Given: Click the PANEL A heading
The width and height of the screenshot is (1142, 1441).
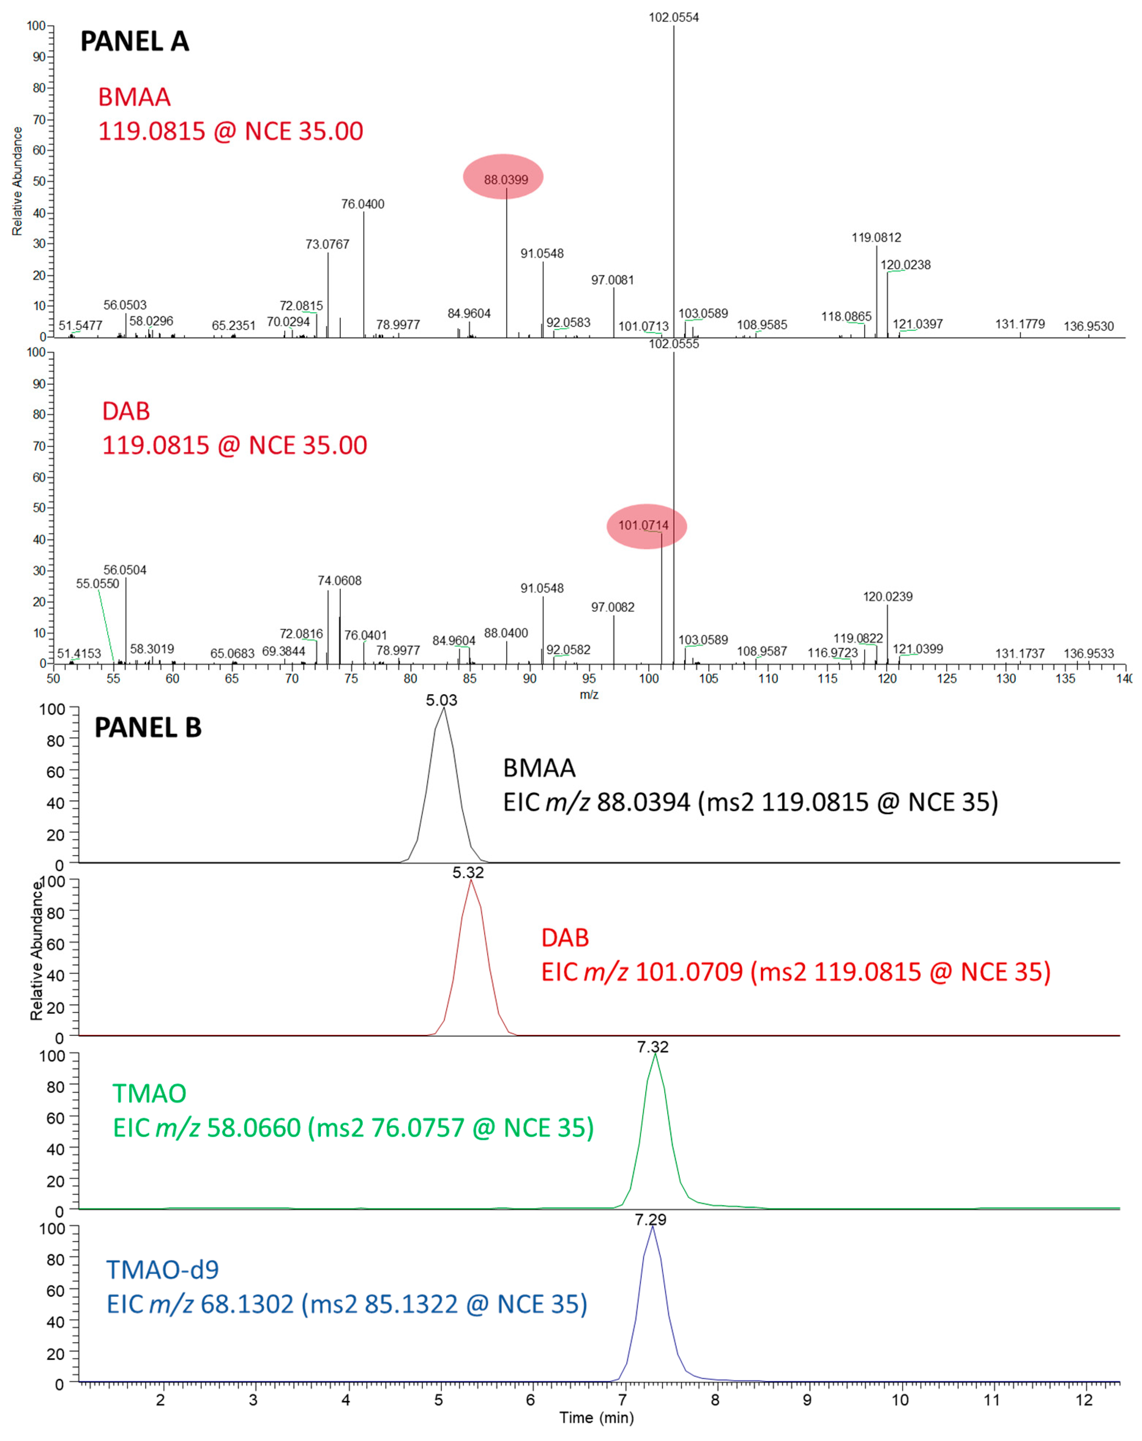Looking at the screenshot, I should (x=134, y=41).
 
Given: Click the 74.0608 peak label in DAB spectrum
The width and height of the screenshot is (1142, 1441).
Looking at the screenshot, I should (x=339, y=580).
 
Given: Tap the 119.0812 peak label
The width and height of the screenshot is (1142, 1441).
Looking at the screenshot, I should (x=876, y=237).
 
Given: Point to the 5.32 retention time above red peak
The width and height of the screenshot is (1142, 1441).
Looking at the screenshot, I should (x=468, y=872).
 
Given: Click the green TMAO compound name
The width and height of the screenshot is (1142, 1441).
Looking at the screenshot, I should (x=149, y=1094).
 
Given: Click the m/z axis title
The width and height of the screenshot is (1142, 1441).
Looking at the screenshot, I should (x=588, y=695).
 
